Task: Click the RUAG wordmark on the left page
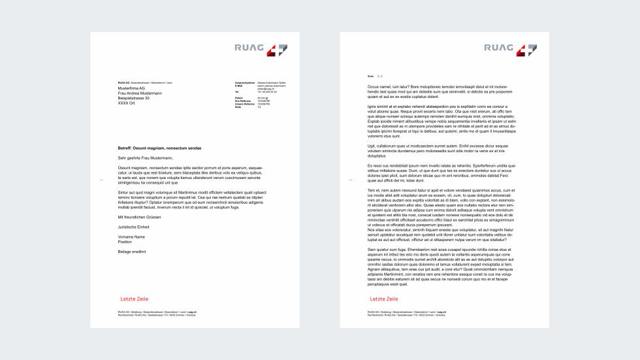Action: pos(248,47)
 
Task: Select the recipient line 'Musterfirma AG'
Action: pos(132,88)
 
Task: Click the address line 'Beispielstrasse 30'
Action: pos(134,98)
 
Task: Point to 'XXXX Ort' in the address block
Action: pos(127,103)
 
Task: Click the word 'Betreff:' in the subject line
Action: pos(126,149)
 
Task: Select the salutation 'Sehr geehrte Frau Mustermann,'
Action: pos(145,158)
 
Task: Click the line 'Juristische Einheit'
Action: pos(133,226)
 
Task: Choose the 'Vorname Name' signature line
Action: pos(131,237)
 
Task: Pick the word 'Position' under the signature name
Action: pos(126,241)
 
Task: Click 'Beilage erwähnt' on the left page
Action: pos(132,251)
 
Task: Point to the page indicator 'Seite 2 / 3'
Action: pos(375,76)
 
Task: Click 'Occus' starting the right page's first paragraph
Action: pos(374,86)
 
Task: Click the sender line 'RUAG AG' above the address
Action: pos(123,83)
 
